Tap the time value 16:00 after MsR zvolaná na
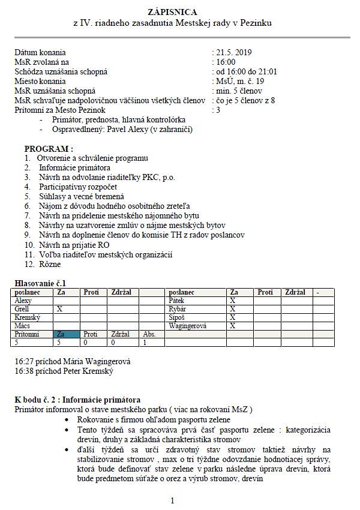(226, 62)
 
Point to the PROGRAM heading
(49, 149)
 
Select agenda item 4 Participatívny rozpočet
(78, 187)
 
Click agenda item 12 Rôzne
(50, 264)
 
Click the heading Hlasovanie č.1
(40, 283)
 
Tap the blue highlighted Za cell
(66, 334)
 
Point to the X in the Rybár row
(232, 308)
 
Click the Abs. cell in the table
(149, 334)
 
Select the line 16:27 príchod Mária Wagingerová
(72, 362)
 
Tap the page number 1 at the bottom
(172, 500)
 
